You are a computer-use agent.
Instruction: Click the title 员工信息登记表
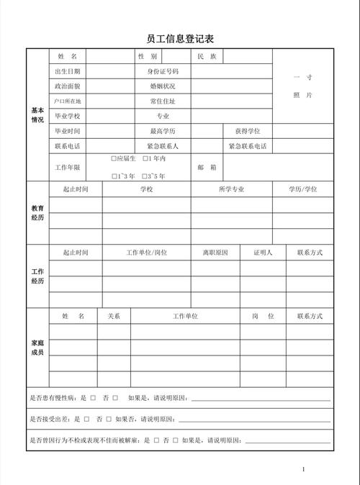coord(180,38)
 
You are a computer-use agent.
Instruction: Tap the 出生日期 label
coord(67,71)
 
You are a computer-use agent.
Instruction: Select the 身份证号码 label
coord(163,71)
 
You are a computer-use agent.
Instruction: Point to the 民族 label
coord(207,56)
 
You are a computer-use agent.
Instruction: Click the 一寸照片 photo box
coord(302,86)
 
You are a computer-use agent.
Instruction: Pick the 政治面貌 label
coord(67,86)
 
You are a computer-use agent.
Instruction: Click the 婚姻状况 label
coord(163,86)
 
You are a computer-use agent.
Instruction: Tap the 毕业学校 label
coord(67,116)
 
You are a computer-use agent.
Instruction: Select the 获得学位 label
coord(247,131)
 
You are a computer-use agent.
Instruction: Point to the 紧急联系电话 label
coord(247,146)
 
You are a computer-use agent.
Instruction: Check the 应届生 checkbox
coord(114,158)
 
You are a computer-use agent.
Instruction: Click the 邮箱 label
coord(207,167)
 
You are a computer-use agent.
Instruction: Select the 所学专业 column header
coord(231,189)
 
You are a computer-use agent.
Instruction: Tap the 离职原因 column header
coord(215,253)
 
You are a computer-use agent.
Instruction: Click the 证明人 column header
coord(262,253)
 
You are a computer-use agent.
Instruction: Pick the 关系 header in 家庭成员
coord(114,316)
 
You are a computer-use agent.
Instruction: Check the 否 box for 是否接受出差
coord(108,419)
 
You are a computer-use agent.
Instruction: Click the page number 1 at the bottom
coord(304,469)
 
